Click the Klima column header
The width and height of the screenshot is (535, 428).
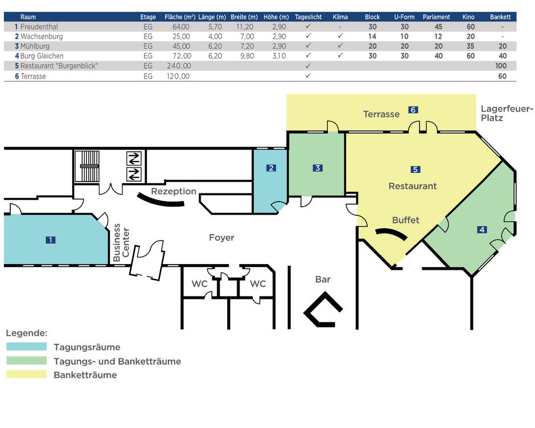(340, 17)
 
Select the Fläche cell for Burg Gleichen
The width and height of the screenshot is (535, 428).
(182, 56)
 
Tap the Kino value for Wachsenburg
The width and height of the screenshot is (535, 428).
(471, 36)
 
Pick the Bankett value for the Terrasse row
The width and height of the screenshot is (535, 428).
(502, 76)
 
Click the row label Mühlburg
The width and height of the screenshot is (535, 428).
(35, 46)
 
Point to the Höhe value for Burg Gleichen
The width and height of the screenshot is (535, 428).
(279, 56)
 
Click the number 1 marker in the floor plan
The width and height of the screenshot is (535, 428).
(51, 240)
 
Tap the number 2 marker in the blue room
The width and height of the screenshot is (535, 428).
(271, 168)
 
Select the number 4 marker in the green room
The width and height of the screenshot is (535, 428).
(482, 230)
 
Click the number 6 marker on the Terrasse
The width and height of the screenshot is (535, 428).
(413, 110)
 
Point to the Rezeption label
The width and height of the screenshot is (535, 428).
(174, 191)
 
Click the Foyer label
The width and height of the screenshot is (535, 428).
(221, 237)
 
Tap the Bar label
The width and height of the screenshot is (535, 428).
(323, 279)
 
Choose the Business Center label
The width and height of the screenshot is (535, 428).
(121, 242)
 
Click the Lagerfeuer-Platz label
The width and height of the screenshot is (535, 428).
(507, 113)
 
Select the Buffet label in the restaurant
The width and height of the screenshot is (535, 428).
(406, 220)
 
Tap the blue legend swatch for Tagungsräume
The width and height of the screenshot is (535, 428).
(27, 347)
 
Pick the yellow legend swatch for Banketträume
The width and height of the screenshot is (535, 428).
(27, 374)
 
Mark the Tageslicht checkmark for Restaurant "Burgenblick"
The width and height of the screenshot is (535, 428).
(308, 65)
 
